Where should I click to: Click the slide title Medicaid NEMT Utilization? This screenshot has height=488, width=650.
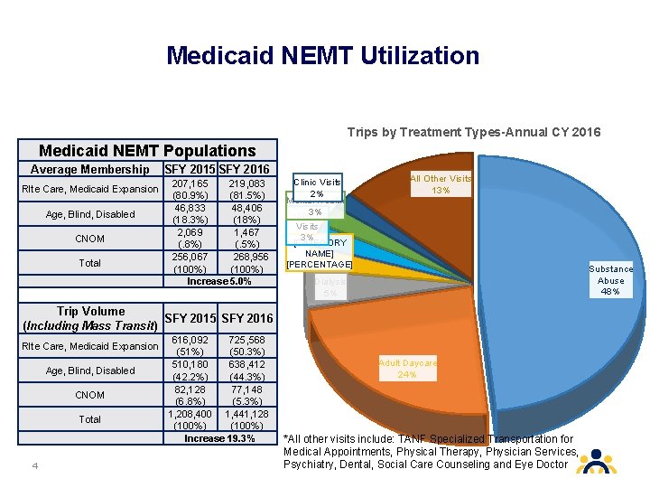(x=323, y=56)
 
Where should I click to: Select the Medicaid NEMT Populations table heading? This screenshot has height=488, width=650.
(x=147, y=151)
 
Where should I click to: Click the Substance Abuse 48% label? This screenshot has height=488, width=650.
(x=611, y=280)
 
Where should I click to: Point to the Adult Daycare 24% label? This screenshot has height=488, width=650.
(x=408, y=369)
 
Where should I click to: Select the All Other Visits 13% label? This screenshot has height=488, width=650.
(x=441, y=184)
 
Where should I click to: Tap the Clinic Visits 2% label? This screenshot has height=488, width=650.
(x=317, y=187)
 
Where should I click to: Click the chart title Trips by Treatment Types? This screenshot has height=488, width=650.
(x=474, y=132)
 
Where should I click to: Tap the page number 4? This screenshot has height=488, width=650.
(x=33, y=466)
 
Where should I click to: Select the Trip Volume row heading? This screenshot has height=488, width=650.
(x=90, y=318)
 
